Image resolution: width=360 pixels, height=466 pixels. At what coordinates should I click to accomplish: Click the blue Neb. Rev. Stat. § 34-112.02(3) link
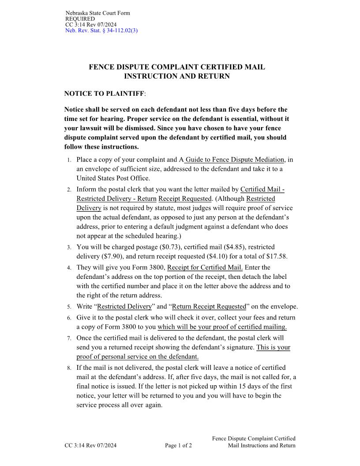[101, 30]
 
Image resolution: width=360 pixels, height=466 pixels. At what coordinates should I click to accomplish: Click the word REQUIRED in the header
[80, 19]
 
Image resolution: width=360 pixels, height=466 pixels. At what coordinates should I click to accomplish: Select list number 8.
[69, 368]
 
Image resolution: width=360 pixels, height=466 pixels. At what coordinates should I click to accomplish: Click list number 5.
[69, 307]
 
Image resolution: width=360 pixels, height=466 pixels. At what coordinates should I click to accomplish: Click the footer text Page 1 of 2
[178, 446]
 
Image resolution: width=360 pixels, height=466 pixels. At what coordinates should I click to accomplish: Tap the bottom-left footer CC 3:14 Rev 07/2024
[90, 446]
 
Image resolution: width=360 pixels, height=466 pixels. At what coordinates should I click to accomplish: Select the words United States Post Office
[113, 179]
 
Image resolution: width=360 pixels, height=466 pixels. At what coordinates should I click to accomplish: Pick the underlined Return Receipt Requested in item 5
[209, 307]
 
